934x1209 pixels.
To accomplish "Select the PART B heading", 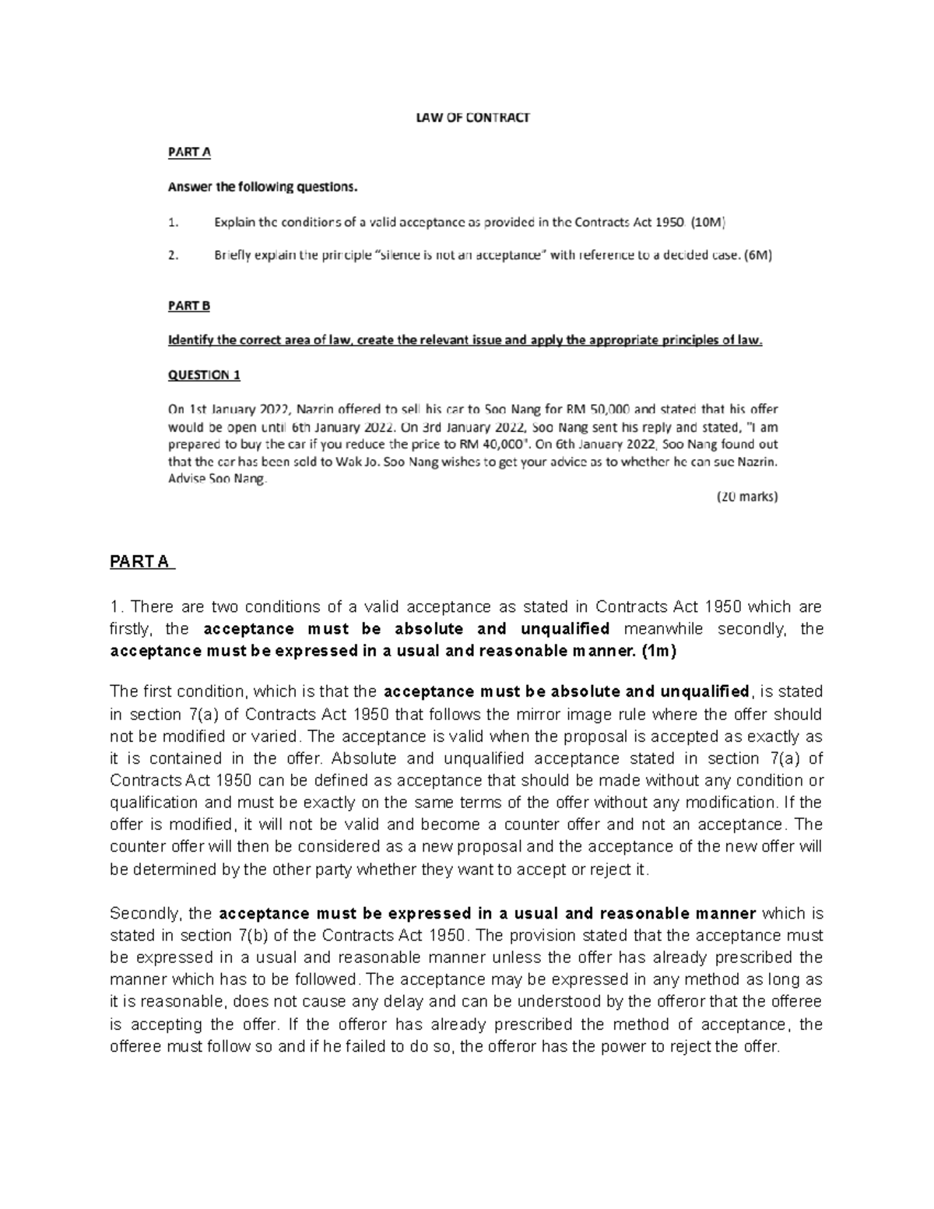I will tap(189, 306).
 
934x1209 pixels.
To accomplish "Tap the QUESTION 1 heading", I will tap(204, 374).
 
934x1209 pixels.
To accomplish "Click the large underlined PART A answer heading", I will tap(142, 562).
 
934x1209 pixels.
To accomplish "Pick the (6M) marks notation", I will tap(757, 255).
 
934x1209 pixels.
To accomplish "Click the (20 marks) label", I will tap(746, 497).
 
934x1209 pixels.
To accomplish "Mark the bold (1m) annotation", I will tap(659, 651).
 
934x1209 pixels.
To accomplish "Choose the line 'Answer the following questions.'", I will tap(265, 187).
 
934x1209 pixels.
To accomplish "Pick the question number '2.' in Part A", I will tap(174, 255).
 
